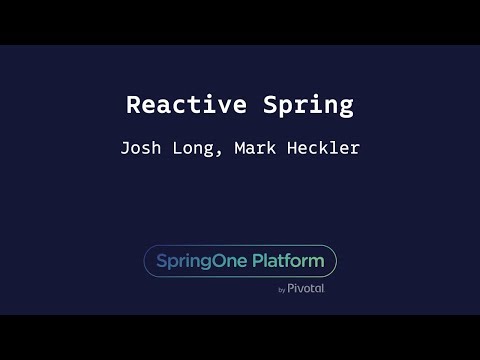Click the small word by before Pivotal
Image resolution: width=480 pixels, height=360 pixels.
coord(282,290)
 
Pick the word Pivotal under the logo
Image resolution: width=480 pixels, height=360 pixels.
coord(306,288)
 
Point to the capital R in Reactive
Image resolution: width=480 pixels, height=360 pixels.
coord(134,105)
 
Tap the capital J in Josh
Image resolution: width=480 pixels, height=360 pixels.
coord(125,148)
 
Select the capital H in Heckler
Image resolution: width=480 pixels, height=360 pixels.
coord(289,148)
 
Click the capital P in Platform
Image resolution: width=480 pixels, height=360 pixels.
coord(256,261)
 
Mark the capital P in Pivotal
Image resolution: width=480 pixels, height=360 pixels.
coord(292,288)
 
